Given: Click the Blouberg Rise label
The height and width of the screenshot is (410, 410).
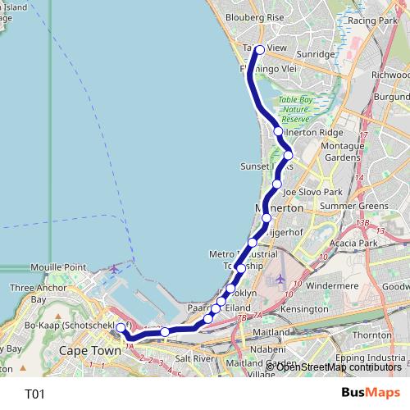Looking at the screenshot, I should [x=253, y=16].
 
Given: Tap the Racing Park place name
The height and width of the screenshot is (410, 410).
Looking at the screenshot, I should [x=372, y=20].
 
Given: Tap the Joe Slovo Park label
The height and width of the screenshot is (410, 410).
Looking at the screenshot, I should [x=311, y=191].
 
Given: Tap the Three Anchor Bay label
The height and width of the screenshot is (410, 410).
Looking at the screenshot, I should [x=34, y=294].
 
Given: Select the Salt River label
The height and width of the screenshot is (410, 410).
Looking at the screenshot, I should [x=194, y=358].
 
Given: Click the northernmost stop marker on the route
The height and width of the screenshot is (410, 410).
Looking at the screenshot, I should [x=260, y=50].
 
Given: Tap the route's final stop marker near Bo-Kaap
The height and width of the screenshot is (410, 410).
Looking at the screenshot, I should [x=121, y=328].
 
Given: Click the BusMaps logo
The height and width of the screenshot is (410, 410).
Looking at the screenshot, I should [x=371, y=393].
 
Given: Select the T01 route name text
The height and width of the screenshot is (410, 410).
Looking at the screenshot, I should [x=34, y=394].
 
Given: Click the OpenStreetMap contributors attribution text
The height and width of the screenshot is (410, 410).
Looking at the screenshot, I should [x=339, y=367].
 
